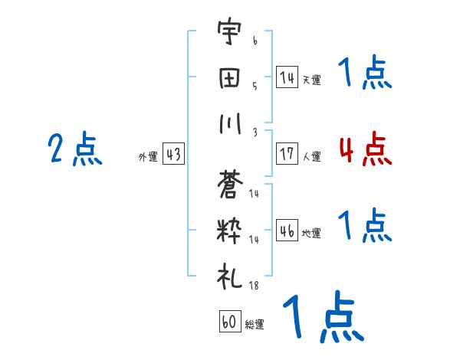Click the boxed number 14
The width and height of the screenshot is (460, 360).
pos(287,77)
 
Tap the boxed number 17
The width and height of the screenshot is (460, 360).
pos(287,154)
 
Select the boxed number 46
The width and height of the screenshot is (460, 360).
pos(287,231)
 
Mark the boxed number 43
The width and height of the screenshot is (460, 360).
pos(173,155)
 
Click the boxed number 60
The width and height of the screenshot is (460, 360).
pos(229,321)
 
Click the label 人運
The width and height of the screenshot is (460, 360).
pos(311,157)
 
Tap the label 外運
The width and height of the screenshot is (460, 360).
pos(147,157)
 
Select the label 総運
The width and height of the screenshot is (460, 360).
pos(255,325)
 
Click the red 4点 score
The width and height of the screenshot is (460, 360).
pos(365,149)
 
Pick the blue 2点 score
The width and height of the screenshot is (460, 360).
pos(76,149)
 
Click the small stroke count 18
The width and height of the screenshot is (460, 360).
pos(254,286)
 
